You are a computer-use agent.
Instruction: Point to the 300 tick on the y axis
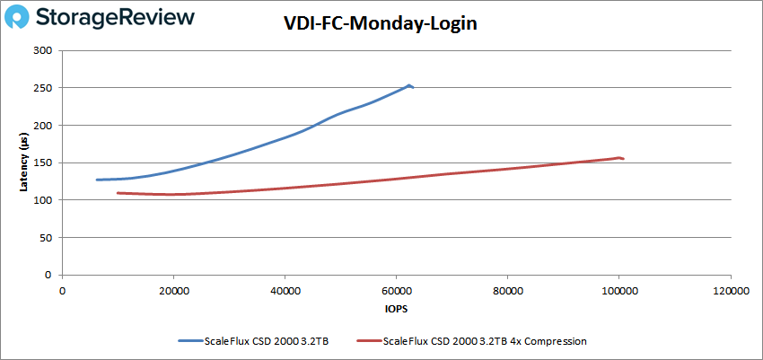pos(42,50)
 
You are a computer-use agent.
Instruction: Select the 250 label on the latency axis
pos(42,88)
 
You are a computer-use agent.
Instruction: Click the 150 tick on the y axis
pos(42,162)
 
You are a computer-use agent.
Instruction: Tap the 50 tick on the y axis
pos(45,237)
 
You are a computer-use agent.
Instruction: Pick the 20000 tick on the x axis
pos(173,291)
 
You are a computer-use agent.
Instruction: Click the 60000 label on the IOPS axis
pos(396,291)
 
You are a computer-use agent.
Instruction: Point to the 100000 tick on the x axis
pos(618,291)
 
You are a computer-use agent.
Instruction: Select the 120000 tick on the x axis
pos(730,291)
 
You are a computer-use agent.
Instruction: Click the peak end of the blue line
pos(409,85)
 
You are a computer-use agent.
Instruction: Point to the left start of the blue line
pos(97,180)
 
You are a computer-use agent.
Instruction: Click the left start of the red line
pos(118,193)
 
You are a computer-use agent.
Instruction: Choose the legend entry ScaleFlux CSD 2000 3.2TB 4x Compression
pos(485,341)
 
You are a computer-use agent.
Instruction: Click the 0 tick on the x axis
pos(62,291)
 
